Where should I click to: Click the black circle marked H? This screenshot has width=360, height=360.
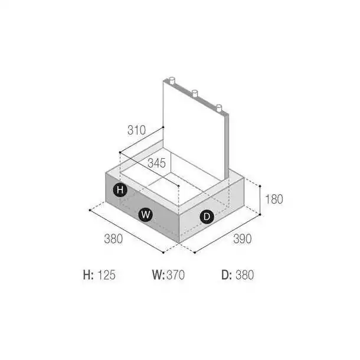point(120,189)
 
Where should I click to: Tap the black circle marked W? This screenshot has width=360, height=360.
point(146,215)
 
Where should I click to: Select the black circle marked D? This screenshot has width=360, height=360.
point(207,217)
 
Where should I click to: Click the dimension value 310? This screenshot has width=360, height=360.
point(136,130)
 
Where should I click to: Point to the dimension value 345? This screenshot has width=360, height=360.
point(156,163)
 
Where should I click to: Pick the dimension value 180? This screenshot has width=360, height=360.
point(274,199)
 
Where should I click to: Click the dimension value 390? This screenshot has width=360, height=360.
point(243,239)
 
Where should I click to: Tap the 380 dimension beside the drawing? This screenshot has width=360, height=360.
point(113,239)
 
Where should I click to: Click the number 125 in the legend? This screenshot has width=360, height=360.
point(107,275)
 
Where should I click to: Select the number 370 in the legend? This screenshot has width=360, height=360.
point(176,275)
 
